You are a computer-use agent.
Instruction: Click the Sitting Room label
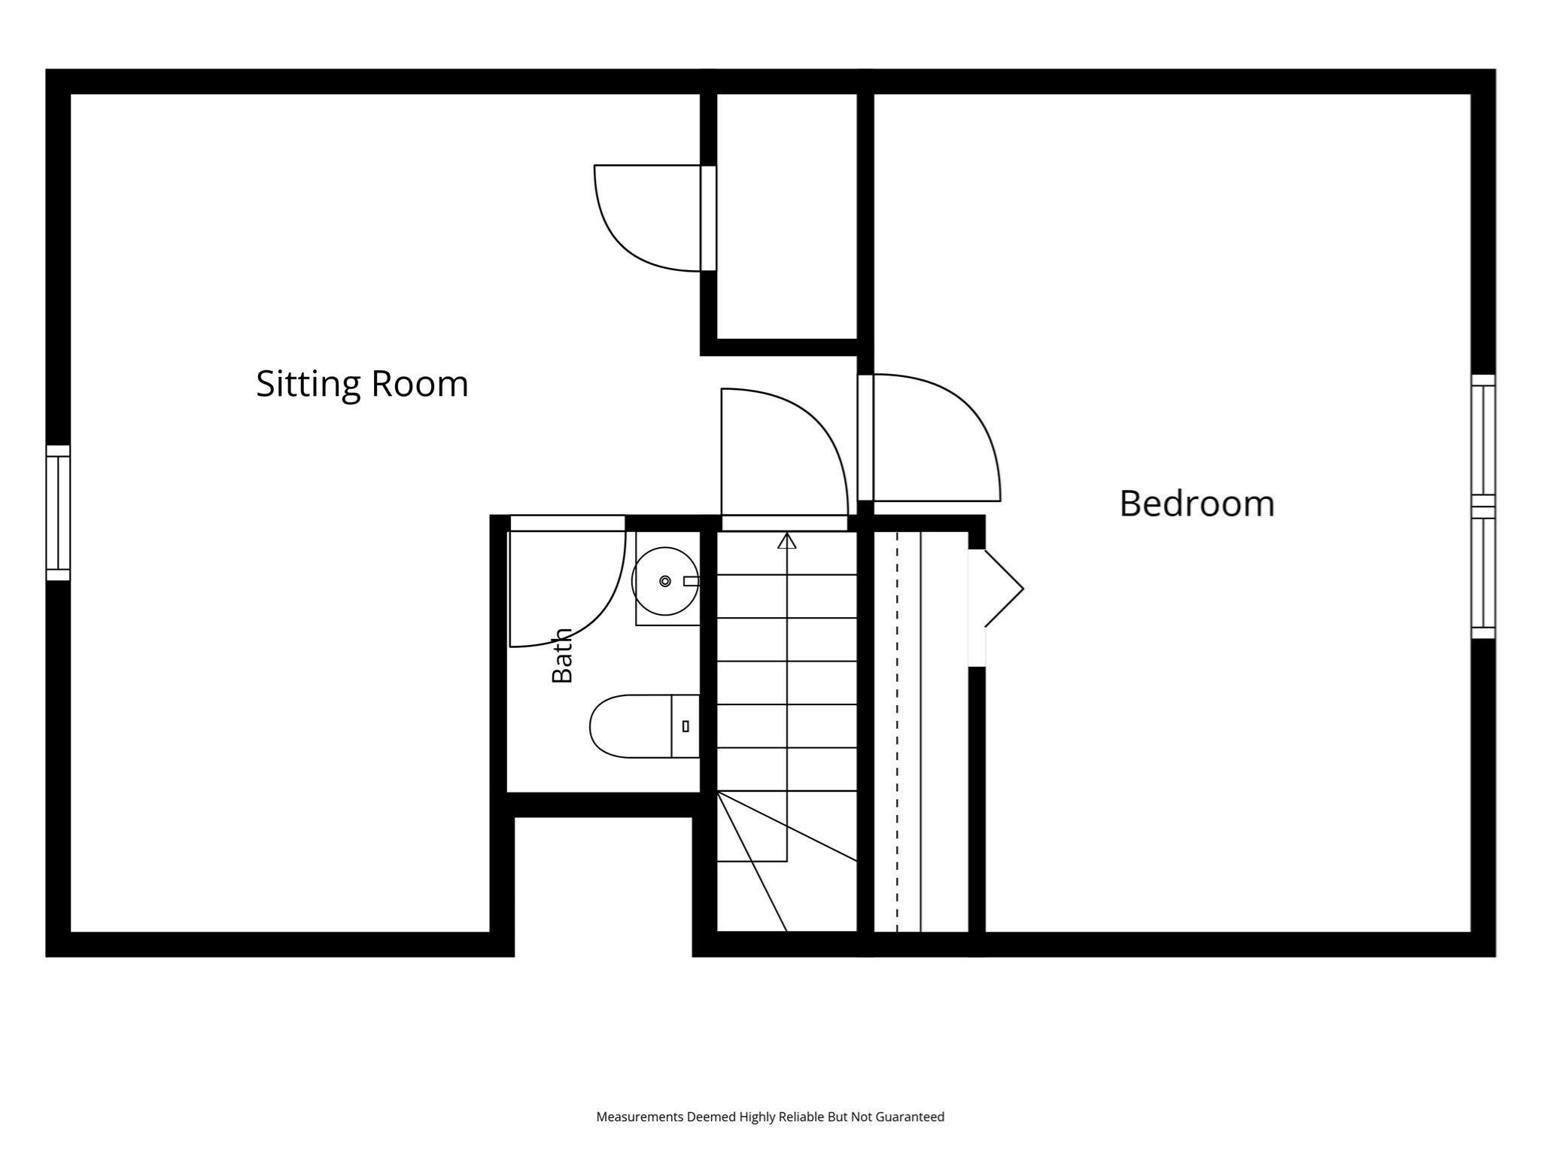click(362, 384)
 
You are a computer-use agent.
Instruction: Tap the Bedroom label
click(1196, 503)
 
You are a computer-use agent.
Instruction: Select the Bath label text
click(563, 655)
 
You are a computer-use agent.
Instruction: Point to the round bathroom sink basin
click(665, 581)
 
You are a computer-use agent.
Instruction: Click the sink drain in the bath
click(665, 581)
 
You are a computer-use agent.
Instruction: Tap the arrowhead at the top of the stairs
click(787, 540)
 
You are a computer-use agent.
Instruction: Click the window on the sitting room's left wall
click(58, 513)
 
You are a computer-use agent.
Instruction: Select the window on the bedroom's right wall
click(1483, 507)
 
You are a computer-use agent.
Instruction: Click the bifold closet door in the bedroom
click(1004, 588)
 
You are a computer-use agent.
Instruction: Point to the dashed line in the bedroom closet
click(897, 732)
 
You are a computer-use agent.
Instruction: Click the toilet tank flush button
click(685, 726)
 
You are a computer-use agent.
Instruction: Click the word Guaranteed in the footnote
click(910, 1117)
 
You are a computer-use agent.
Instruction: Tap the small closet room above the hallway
click(787, 216)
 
